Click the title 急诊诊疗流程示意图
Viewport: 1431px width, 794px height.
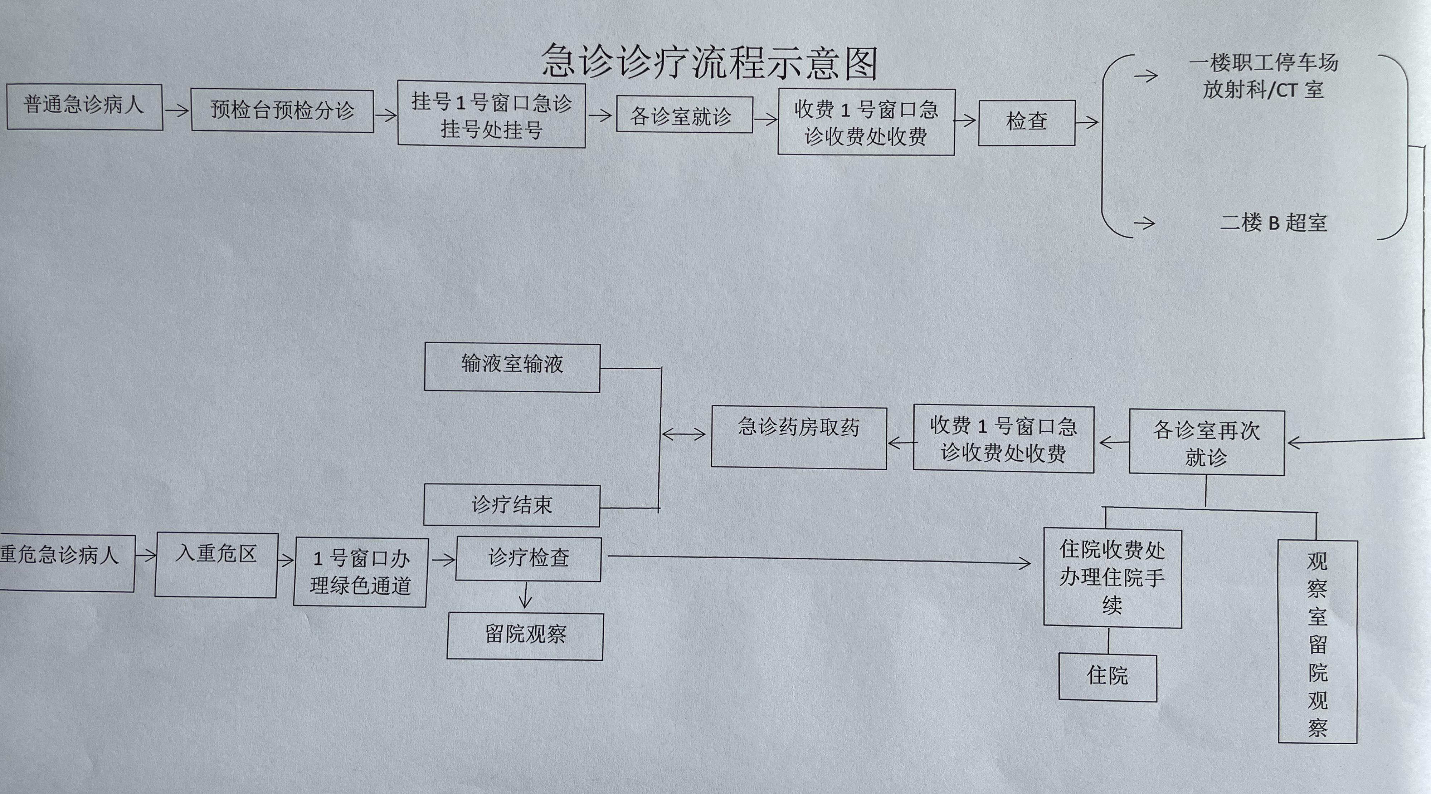click(x=709, y=61)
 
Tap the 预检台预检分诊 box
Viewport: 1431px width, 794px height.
click(x=282, y=111)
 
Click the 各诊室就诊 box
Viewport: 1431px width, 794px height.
click(x=685, y=115)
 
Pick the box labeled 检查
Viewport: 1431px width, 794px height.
click(x=1027, y=123)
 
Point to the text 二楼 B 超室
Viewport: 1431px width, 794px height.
click(x=1273, y=223)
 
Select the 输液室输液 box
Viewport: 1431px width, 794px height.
click(x=512, y=368)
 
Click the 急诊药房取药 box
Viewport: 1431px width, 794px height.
click(x=799, y=437)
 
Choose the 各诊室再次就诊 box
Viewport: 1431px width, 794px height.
click(x=1207, y=442)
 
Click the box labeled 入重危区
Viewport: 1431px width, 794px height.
click(x=215, y=565)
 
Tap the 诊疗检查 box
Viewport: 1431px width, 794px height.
click(x=528, y=559)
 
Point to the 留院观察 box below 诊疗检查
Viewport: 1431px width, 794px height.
click(x=525, y=636)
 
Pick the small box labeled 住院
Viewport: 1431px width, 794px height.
click(x=1108, y=677)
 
